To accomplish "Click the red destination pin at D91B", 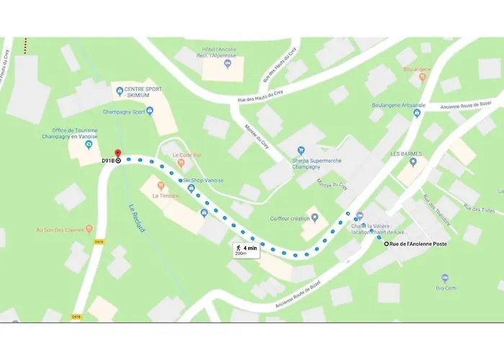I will (117, 154).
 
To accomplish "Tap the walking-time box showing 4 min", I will (245, 249).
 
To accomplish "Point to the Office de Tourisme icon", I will (89, 145).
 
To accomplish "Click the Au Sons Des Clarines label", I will (60, 230).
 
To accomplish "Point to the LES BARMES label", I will (404, 154).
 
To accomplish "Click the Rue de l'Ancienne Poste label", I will (418, 245).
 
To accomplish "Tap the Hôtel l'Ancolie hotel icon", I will (228, 65).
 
